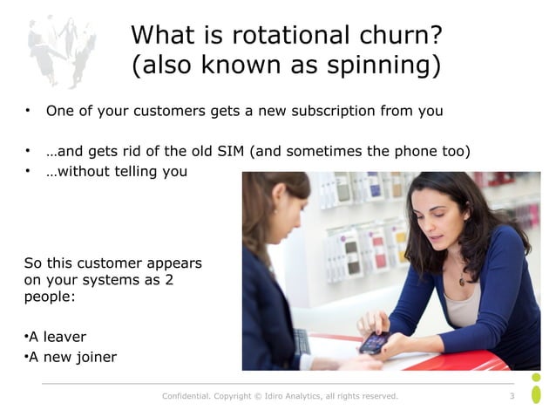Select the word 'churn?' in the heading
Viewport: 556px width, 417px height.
click(x=396, y=36)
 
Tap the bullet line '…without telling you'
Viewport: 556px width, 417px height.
click(x=116, y=171)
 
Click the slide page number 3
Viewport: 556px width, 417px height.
click(x=512, y=397)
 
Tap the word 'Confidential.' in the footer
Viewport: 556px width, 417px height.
click(x=187, y=397)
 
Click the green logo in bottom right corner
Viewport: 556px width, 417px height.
click(x=536, y=389)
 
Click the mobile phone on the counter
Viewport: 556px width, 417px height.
click(x=373, y=342)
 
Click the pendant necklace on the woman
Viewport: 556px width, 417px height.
click(x=461, y=281)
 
